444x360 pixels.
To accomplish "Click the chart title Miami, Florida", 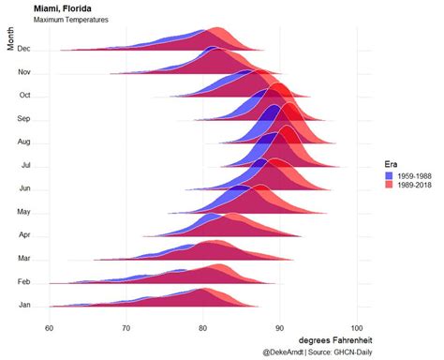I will (x=62, y=8).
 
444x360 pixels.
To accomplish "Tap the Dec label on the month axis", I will (x=25, y=49).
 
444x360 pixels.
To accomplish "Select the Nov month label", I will (x=25, y=72).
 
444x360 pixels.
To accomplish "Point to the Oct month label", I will (x=25, y=95).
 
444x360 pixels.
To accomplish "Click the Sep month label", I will (x=25, y=119).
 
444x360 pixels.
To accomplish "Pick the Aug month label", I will (x=25, y=142).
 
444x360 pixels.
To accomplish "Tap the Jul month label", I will (x=26, y=165).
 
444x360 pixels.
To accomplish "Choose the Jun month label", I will (x=25, y=188).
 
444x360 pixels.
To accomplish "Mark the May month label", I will (x=24, y=212).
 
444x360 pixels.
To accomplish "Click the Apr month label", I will (x=25, y=234).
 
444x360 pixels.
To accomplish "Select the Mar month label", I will (x=25, y=258).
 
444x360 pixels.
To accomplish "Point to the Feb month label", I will (x=25, y=281).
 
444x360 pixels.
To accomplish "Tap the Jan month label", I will (x=25, y=305).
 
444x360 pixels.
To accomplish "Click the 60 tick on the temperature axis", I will (x=50, y=326).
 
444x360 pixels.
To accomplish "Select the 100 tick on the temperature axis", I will (x=357, y=326).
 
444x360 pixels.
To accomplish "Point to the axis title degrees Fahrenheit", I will (x=335, y=339).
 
